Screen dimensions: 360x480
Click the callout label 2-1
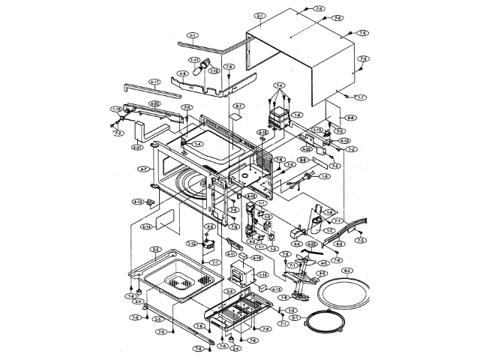click(260, 16)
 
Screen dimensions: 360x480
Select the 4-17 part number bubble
click(155, 81)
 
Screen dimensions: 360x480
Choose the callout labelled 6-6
click(351, 118)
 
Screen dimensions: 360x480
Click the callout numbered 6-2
click(347, 270)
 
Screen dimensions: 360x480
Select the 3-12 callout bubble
click(191, 244)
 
